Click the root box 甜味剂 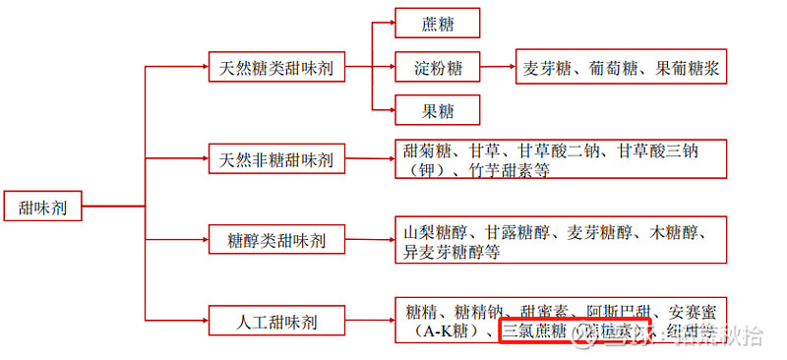[42, 208]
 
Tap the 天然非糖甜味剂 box [276, 158]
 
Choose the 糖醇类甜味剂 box [276, 239]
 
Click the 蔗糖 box [437, 24]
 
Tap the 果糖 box [437, 109]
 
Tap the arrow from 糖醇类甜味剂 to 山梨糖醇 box [369, 239]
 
